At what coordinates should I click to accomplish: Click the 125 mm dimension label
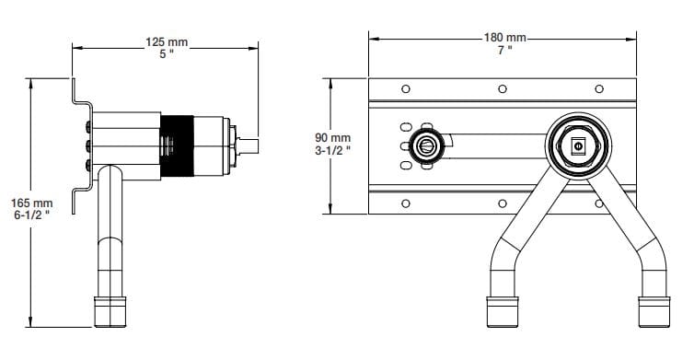click(165, 41)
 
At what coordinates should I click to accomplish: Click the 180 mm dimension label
click(504, 37)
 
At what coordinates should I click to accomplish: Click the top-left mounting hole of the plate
click(405, 89)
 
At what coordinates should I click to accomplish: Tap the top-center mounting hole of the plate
click(502, 89)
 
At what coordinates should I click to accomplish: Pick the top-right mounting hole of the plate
click(598, 89)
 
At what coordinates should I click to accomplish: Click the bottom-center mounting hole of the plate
click(502, 203)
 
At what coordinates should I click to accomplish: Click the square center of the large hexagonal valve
click(578, 145)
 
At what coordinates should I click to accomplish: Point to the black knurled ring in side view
click(179, 145)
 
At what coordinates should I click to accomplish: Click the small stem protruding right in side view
click(249, 145)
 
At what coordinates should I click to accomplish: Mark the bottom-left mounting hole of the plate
click(405, 203)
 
